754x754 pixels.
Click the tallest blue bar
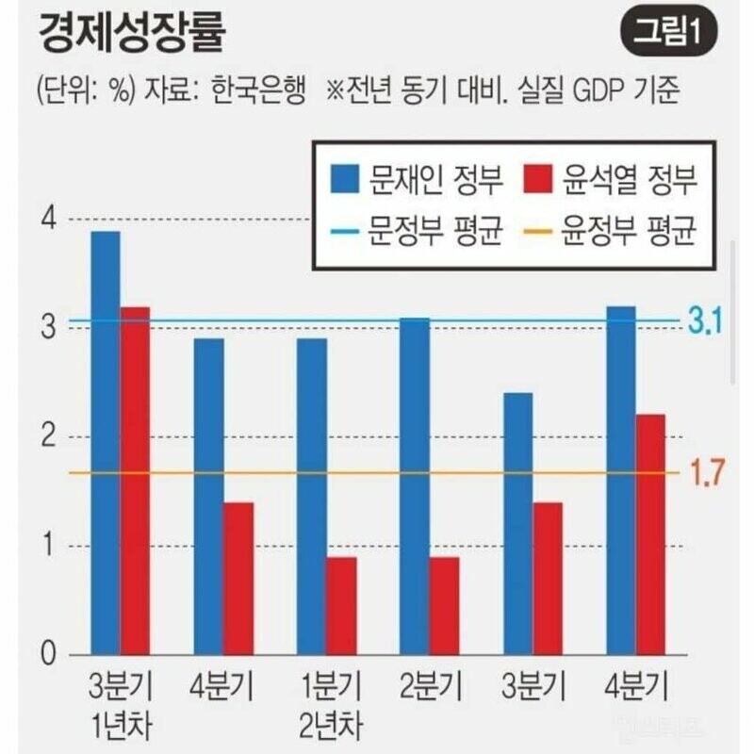(x=105, y=443)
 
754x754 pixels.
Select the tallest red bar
(x=135, y=481)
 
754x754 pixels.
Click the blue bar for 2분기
(x=415, y=486)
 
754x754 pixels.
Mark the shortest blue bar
(x=517, y=523)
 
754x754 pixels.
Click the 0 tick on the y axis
(x=49, y=654)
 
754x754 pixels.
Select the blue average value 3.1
(x=703, y=323)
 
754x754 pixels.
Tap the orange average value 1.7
(x=706, y=474)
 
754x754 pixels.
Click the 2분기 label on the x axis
(x=430, y=684)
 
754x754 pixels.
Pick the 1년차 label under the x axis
(x=120, y=727)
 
